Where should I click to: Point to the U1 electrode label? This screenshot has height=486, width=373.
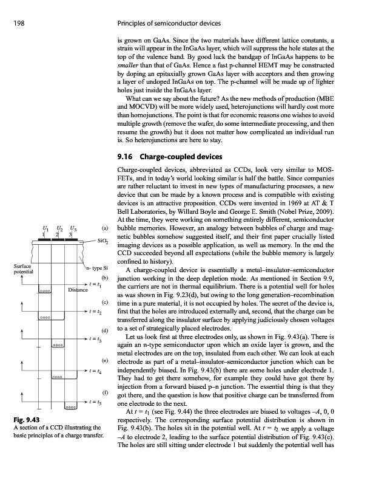click(x=44, y=228)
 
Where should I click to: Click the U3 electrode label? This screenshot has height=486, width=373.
click(x=74, y=228)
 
